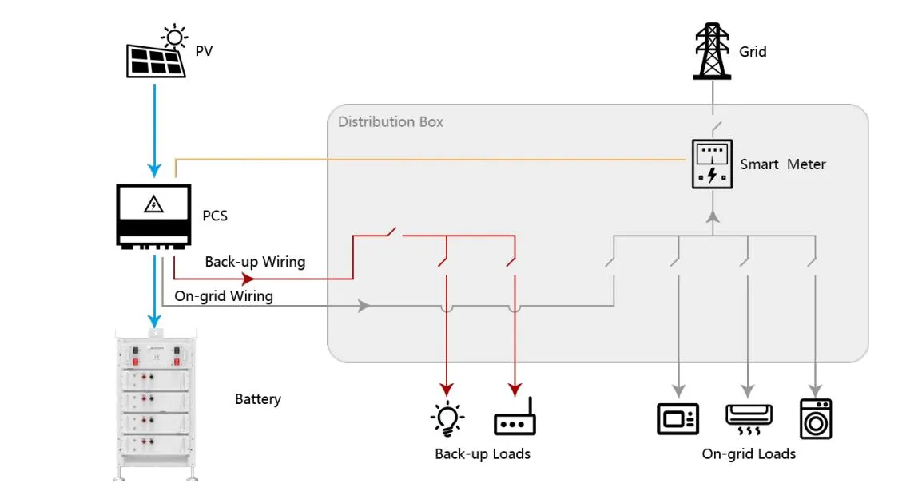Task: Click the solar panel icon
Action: coord(155,57)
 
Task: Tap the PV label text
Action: coord(205,52)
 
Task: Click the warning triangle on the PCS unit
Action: coord(153,205)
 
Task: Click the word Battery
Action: coord(257,399)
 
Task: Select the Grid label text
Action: coord(753,52)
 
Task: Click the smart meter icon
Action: coord(711,164)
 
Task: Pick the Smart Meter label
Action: coord(782,164)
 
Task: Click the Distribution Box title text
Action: coord(390,122)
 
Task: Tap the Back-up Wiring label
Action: coord(255,262)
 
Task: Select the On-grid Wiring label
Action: coord(224,296)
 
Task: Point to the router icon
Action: coord(514,422)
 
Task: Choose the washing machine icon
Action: coord(815,418)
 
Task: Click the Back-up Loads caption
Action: coord(482,454)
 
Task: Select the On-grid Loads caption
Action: coord(749,454)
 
